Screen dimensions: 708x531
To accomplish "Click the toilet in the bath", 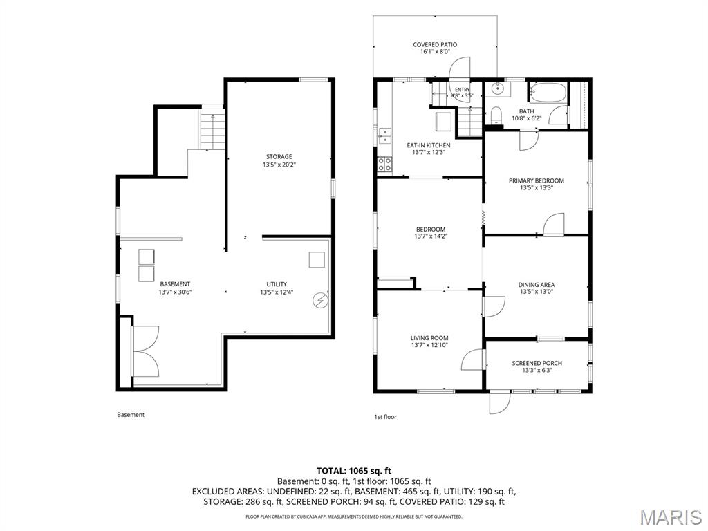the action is tap(496, 115).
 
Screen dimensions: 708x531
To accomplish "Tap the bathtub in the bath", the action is tap(548, 93).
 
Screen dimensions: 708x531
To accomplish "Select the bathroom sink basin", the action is tap(498, 88).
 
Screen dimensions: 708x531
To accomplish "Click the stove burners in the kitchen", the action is tap(384, 164).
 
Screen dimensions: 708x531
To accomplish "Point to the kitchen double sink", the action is tap(384, 136).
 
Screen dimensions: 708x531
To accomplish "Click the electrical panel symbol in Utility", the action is tap(321, 301).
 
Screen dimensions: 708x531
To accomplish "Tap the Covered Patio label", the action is tap(435, 45).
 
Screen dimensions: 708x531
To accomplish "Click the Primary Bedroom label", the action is tap(537, 180).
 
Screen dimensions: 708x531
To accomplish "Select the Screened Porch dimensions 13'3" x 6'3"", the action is tap(537, 371).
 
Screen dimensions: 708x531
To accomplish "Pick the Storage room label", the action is tap(279, 157).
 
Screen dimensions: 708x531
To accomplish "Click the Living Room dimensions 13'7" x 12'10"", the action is tap(429, 346).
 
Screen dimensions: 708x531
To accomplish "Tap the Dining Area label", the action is tap(537, 284).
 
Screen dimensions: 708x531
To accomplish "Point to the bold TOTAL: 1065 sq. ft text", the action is tap(353, 472).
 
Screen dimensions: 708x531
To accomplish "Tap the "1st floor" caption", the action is tap(385, 417).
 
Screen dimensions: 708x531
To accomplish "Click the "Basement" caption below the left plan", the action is tap(131, 415).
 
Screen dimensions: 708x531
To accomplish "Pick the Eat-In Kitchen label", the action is tap(429, 145).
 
